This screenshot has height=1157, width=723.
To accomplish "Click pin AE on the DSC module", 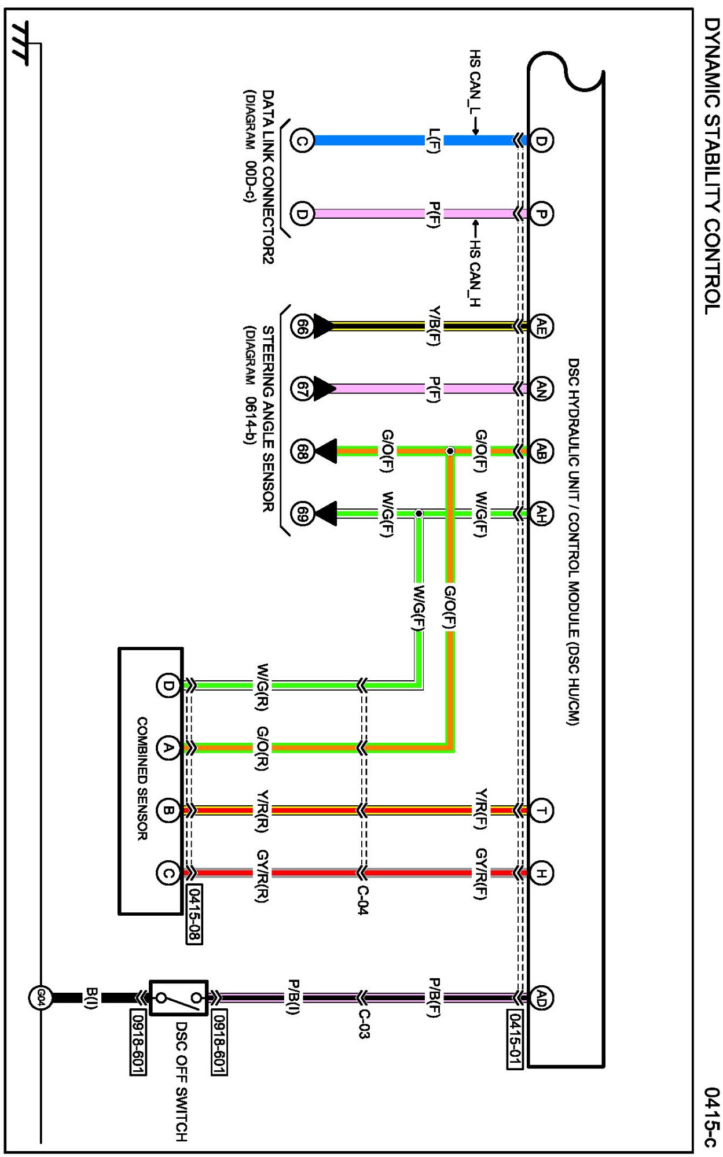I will click(x=541, y=326).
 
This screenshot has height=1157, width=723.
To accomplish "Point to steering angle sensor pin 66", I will click(x=302, y=326).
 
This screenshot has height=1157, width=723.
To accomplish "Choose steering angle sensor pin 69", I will click(x=302, y=513).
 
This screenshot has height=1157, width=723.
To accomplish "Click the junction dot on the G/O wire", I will click(x=450, y=451).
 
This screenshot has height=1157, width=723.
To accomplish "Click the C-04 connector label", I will click(x=362, y=900).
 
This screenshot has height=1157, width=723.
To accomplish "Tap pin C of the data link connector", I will click(x=302, y=141).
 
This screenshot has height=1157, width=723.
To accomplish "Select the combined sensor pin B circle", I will click(x=168, y=810).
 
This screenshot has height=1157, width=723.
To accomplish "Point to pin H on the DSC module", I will click(x=541, y=872).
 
